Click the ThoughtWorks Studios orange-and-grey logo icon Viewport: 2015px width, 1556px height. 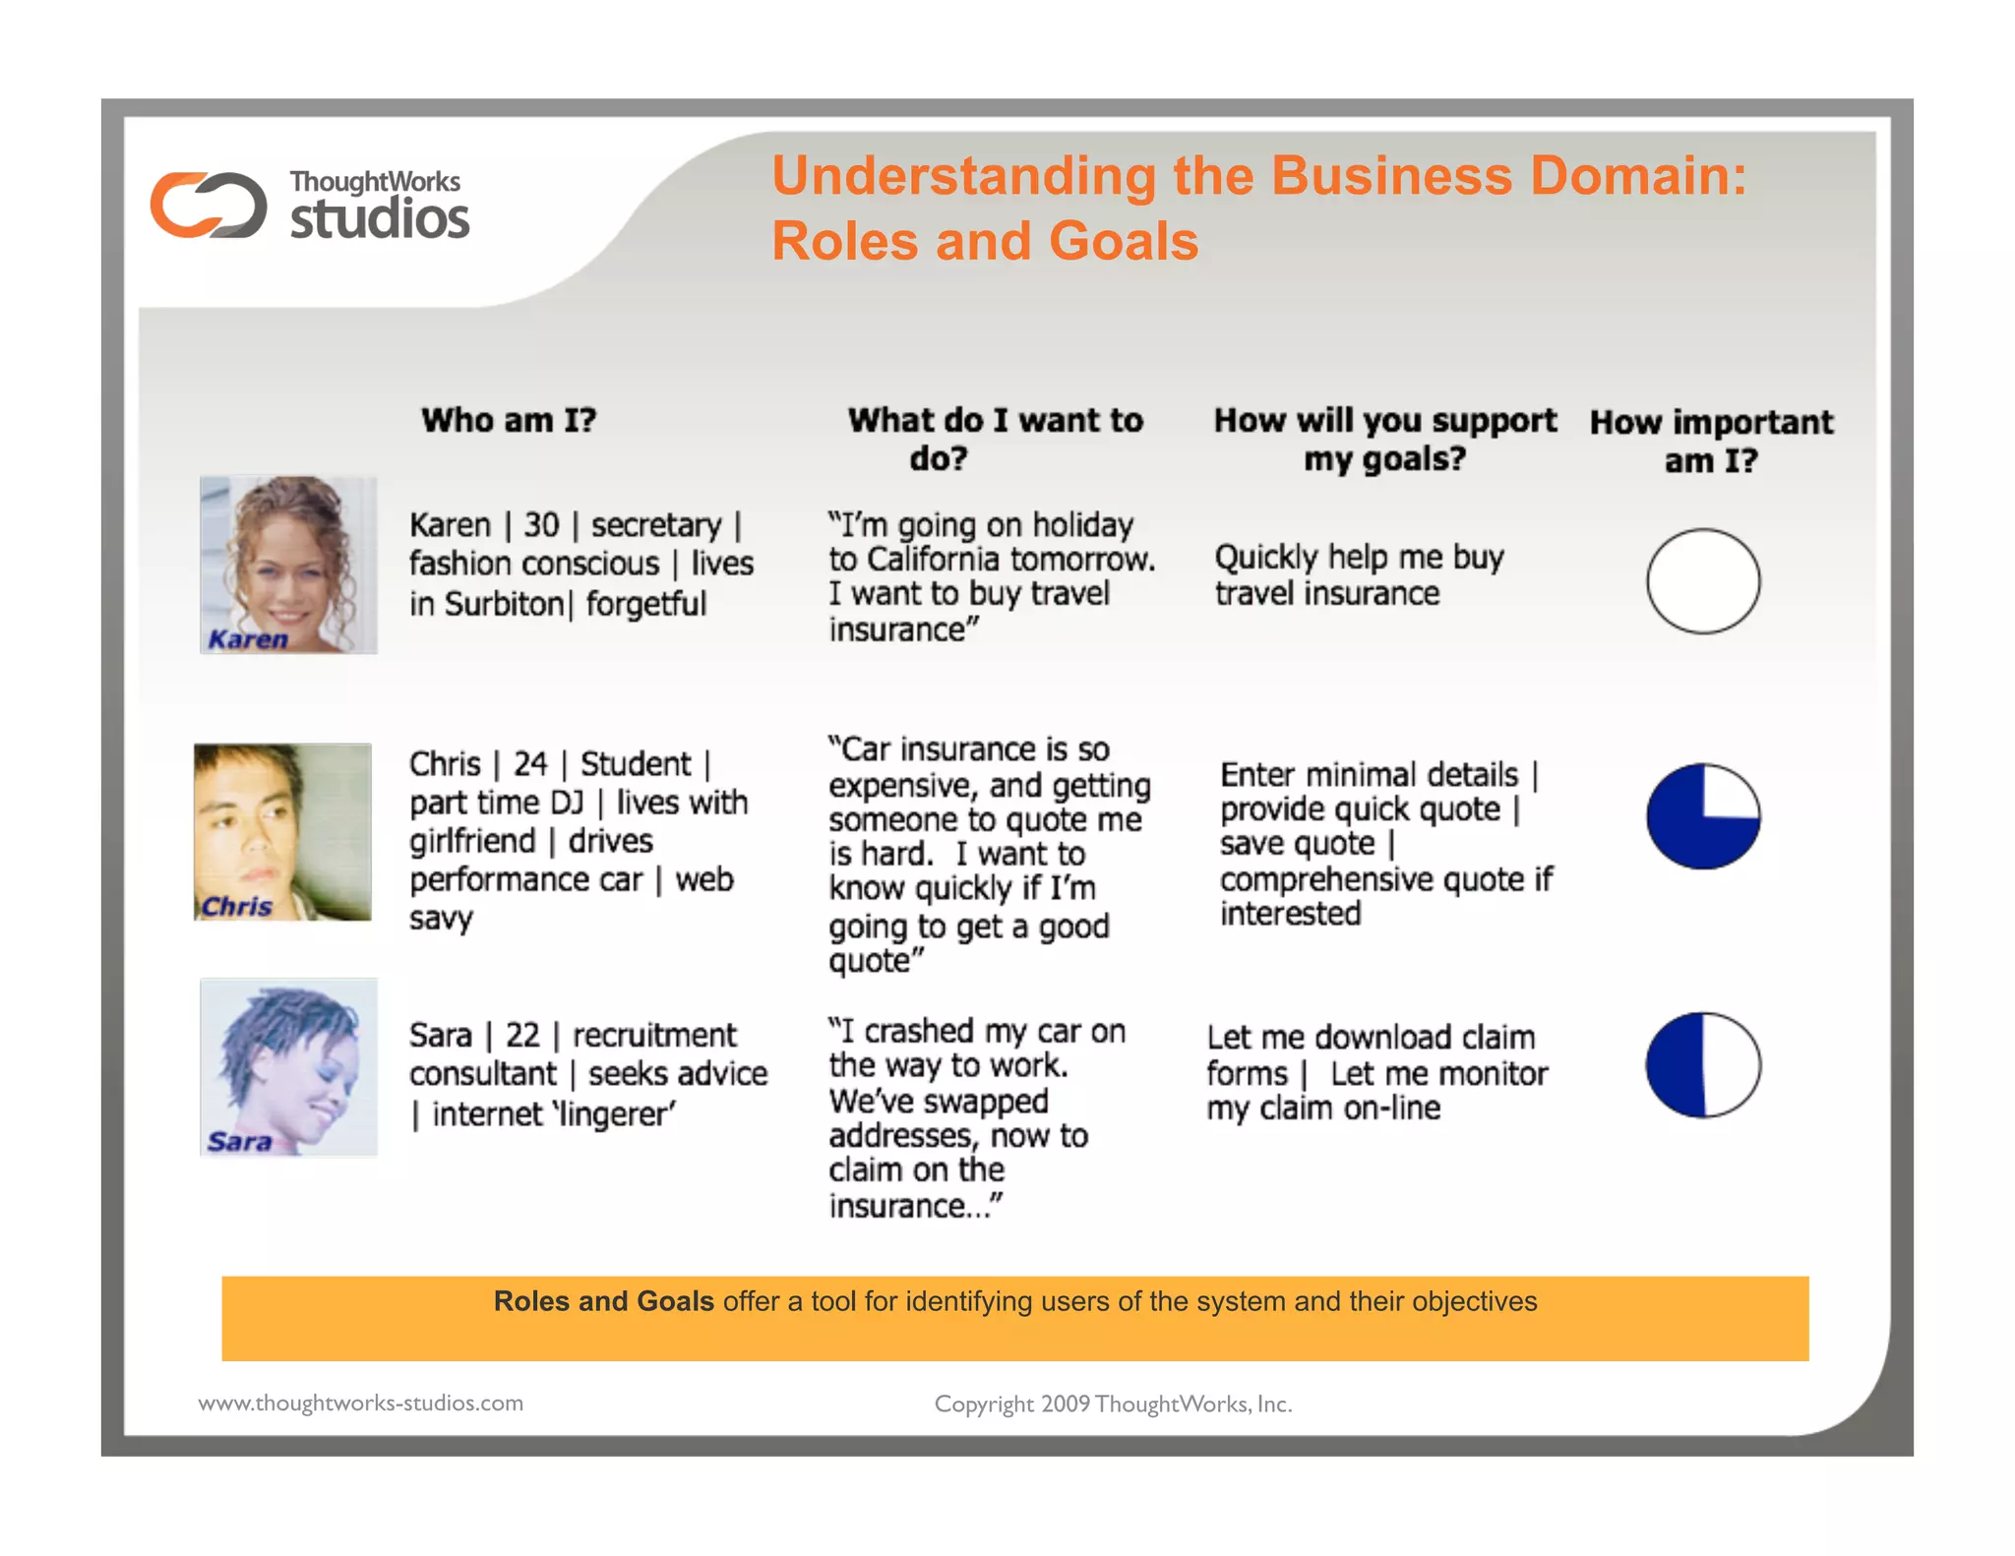pyautogui.click(x=208, y=205)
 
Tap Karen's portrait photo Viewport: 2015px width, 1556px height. pyautogui.click(x=288, y=565)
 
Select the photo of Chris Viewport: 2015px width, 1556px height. pyautogui.click(x=283, y=831)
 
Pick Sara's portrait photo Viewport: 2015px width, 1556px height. pyautogui.click(x=288, y=1066)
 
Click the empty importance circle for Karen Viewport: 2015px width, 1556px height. pyautogui.click(x=1703, y=580)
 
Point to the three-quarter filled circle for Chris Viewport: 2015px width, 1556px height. pyautogui.click(x=1703, y=815)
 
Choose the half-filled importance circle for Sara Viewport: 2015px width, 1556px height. pyautogui.click(x=1703, y=1064)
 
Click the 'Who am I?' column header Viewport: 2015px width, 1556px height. pyautogui.click(x=509, y=420)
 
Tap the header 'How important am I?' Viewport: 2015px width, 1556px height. pyautogui.click(x=1711, y=441)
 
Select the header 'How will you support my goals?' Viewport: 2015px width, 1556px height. pyautogui.click(x=1384, y=439)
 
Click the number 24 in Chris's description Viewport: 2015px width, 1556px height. pyautogui.click(x=530, y=763)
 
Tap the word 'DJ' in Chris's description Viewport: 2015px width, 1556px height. pyautogui.click(x=567, y=803)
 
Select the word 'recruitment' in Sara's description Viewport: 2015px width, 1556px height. pyautogui.click(x=654, y=1035)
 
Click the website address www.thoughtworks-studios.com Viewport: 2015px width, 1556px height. pyautogui.click(x=361, y=1403)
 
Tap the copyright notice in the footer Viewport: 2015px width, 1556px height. pyautogui.click(x=1113, y=1404)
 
